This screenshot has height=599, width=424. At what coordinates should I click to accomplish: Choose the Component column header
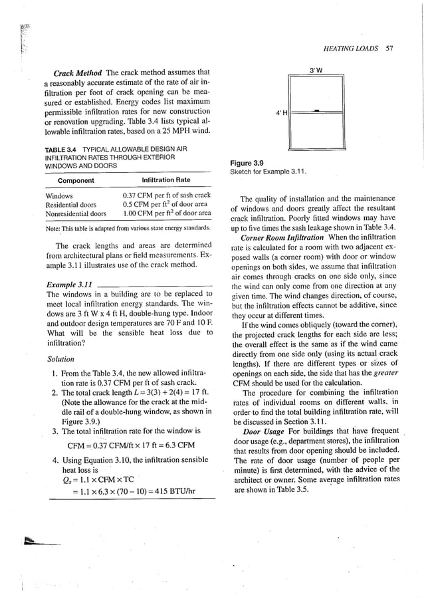(76, 180)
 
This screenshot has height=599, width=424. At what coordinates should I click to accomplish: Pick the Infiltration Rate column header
(166, 180)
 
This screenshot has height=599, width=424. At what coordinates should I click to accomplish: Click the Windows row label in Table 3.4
(59, 195)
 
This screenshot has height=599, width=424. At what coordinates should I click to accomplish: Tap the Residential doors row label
(71, 205)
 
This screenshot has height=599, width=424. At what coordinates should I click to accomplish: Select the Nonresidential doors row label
(76, 214)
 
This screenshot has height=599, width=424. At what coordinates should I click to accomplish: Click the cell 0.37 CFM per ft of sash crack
(167, 195)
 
